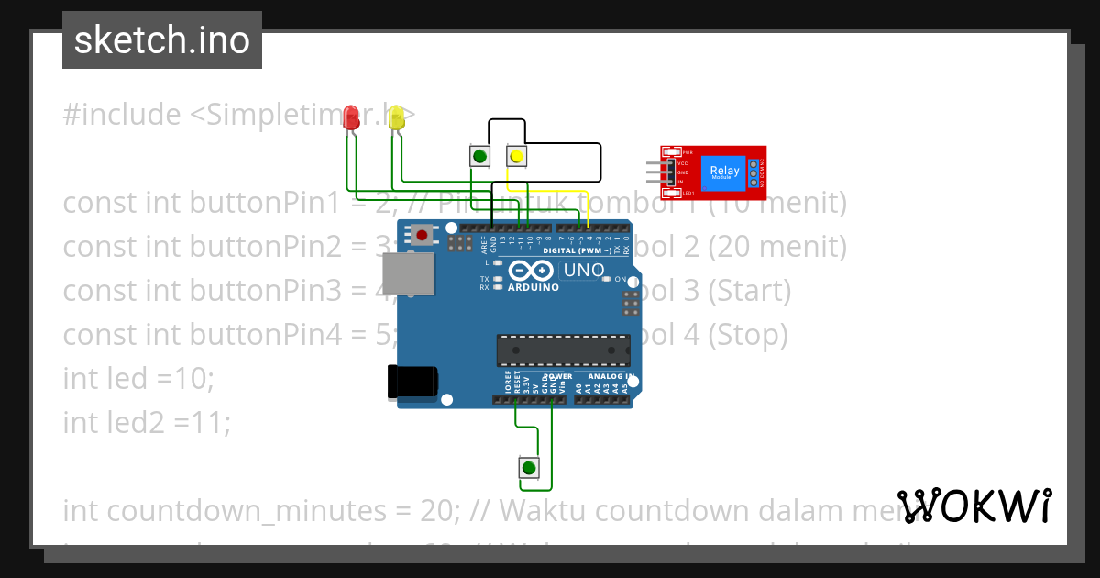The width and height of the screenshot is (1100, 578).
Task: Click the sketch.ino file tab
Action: pos(162,40)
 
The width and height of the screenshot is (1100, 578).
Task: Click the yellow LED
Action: pos(396,117)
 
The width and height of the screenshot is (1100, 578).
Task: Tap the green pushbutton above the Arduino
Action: pos(478,156)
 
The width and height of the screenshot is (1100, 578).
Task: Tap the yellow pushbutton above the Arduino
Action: pos(516,157)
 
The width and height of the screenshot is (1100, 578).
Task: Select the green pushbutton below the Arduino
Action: pos(528,468)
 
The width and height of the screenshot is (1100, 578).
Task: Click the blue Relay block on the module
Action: pos(724,172)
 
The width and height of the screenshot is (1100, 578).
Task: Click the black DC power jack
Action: pos(412,382)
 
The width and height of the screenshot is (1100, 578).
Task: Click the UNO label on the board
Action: pos(583,271)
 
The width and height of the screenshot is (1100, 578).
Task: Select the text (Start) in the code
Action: pos(749,291)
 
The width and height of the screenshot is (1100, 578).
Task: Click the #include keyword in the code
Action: pos(122,115)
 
